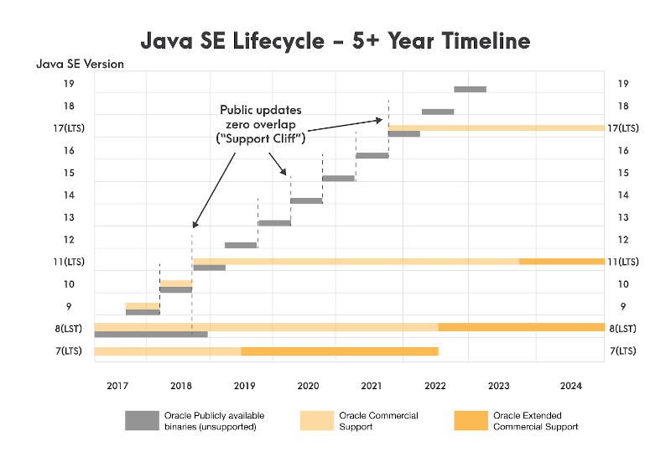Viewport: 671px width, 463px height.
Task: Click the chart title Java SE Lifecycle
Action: tap(335, 41)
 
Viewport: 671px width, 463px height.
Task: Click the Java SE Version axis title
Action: tap(80, 65)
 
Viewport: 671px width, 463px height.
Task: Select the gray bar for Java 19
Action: tap(470, 89)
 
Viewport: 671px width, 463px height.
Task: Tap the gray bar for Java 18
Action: tap(437, 112)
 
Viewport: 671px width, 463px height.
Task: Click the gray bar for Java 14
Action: tap(306, 200)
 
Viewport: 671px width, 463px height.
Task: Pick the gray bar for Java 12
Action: tap(241, 245)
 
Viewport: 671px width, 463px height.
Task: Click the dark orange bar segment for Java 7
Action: tap(340, 351)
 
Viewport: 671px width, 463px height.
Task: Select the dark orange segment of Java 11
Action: tap(561, 262)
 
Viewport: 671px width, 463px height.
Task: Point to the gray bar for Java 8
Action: tap(151, 334)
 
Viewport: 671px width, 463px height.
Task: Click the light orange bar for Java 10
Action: tap(175, 283)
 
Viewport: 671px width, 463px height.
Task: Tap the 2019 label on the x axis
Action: tap(244, 386)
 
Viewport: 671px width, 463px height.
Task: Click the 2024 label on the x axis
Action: tap(570, 386)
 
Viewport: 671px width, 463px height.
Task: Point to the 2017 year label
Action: tap(117, 386)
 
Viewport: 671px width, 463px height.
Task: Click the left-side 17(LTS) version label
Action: tap(70, 128)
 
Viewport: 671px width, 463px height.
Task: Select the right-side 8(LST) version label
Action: tap(623, 328)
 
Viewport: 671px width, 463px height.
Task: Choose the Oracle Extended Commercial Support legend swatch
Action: tap(471, 420)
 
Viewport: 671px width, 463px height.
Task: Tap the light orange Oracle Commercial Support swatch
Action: tap(316, 420)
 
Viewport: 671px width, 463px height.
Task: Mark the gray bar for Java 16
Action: tap(372, 155)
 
